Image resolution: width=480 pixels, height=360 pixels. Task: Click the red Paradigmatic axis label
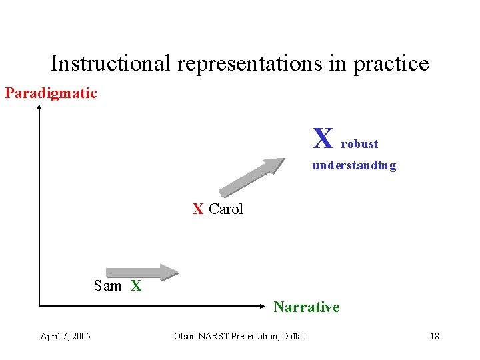pos(51,93)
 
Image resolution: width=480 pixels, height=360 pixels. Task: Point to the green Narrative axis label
pos(306,307)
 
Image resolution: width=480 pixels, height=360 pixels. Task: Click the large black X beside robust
pos(323,139)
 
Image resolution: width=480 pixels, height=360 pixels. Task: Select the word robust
pos(359,144)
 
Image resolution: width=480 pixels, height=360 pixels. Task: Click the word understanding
pos(354,165)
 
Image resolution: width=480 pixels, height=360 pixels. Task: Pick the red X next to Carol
pos(198,209)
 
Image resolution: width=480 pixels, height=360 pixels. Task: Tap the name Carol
pos(226,209)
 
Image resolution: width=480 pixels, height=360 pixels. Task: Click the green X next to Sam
pos(136,286)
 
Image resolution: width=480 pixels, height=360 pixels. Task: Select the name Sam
pos(107,286)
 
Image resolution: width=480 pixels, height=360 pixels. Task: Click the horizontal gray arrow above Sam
pos(143,271)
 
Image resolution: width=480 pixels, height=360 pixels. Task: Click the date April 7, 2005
pos(65,336)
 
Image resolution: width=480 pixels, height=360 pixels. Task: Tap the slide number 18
pos(434,336)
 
